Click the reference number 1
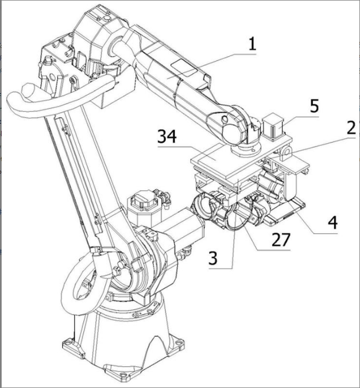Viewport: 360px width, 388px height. tap(252, 44)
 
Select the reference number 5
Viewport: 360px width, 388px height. tap(314, 106)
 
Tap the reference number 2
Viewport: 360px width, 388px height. tap(351, 128)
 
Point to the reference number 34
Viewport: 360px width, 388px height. tap(167, 136)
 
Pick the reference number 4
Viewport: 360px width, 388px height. tap(333, 222)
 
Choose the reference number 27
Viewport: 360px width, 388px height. tap(281, 240)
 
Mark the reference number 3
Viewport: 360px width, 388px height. tap(213, 258)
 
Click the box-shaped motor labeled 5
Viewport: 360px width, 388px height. tap(273, 126)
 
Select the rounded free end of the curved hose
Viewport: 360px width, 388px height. tap(29, 90)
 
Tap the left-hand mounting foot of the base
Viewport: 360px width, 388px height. tap(70, 347)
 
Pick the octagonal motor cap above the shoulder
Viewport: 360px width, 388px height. tap(142, 199)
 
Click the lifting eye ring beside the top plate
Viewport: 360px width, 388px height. tap(286, 150)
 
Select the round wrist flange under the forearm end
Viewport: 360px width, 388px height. tap(245, 148)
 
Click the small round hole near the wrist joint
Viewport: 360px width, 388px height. tap(225, 119)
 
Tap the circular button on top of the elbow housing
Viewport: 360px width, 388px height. tap(107, 19)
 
